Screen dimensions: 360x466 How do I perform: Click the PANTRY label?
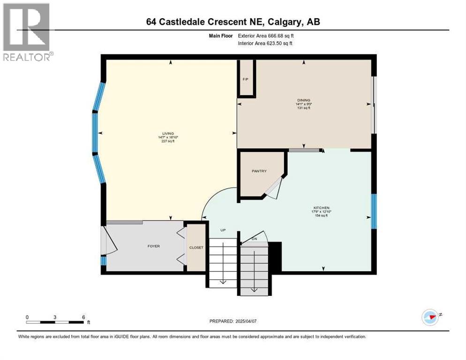259,171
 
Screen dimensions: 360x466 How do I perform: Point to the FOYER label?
153,246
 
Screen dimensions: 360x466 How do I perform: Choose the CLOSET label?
196,247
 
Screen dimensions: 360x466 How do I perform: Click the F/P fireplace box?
245,79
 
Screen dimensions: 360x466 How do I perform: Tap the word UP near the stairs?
224,230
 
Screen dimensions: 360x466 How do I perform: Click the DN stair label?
255,239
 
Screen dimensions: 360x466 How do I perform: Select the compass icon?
430,317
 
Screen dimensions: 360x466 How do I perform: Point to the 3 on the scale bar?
55,317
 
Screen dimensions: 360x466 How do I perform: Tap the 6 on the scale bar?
83,317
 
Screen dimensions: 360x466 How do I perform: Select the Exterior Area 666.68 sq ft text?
266,35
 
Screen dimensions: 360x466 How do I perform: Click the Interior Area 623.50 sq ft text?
266,44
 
